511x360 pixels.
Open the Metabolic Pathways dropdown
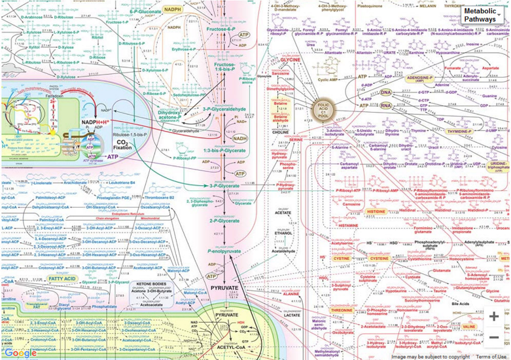click(483, 16)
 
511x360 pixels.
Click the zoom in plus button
click(493, 316)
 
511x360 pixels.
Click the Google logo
click(22, 353)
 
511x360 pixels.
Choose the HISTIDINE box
click(376, 212)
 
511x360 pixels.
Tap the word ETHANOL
click(283, 232)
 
